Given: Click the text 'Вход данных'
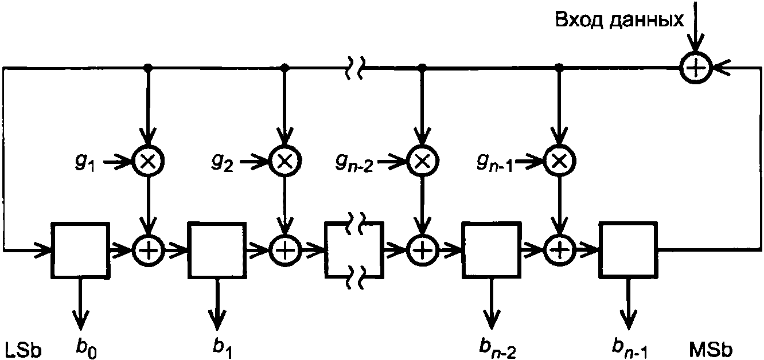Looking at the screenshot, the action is [x=619, y=21].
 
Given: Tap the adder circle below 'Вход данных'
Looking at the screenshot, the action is [x=695, y=68].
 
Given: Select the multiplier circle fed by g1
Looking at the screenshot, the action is [x=148, y=161].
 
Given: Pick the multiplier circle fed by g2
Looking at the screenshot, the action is [x=285, y=161].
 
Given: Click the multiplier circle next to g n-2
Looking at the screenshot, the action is [x=423, y=161].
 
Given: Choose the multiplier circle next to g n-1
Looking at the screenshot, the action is [x=559, y=161].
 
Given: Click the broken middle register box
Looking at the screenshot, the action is [x=326, y=250].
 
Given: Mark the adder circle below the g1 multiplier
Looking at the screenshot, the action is [x=148, y=251].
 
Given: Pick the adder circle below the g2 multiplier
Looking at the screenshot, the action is [x=285, y=251].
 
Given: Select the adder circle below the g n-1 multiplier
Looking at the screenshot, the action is [x=559, y=251].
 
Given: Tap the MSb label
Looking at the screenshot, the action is [x=711, y=350].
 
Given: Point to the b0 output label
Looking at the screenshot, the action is [x=85, y=349].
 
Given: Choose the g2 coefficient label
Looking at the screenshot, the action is [x=222, y=161].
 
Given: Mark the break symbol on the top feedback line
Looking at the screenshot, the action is [x=354, y=68].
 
